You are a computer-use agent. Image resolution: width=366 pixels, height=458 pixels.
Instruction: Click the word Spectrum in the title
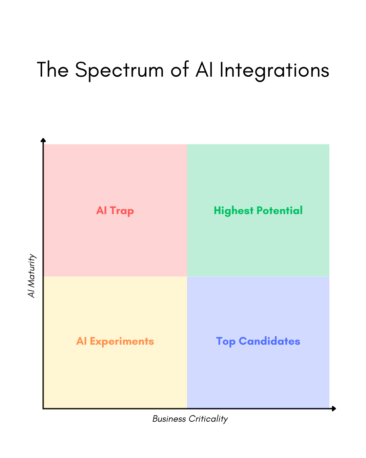[119, 70]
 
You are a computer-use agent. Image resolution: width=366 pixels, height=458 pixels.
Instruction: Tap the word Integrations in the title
[274, 70]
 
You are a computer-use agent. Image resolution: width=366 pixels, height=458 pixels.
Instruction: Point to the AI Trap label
[115, 211]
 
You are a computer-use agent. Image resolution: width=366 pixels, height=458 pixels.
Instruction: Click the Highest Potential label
[258, 211]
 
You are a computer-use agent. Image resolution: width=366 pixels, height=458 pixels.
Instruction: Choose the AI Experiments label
[115, 341]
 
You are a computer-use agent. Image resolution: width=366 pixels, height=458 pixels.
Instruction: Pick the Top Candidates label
[258, 341]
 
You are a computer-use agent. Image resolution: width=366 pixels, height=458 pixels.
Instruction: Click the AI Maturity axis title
[32, 276]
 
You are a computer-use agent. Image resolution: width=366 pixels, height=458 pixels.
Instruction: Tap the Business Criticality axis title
[190, 419]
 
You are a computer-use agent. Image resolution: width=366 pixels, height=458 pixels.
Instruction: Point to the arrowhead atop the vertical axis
[43, 140]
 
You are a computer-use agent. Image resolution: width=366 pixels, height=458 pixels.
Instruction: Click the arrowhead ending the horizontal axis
[334, 408]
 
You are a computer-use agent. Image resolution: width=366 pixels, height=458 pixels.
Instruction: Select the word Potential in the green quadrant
[280, 211]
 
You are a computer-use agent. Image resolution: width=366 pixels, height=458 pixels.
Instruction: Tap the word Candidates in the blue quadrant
[269, 341]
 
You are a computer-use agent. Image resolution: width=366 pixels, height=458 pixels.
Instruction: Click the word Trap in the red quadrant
[122, 211]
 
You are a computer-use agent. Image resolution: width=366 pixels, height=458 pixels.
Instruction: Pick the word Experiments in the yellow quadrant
[122, 341]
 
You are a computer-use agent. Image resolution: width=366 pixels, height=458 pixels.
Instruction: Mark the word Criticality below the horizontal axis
[208, 419]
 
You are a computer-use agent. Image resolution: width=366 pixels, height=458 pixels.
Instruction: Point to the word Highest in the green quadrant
[233, 211]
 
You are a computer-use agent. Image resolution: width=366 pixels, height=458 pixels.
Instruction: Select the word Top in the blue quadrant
[226, 342]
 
